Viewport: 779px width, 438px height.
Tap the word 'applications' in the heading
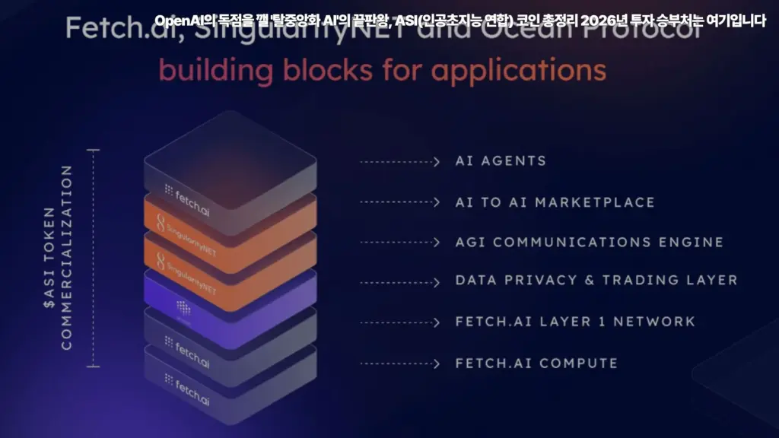519,70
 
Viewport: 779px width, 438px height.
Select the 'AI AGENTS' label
501,161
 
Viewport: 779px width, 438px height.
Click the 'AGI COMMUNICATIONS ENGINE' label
589,243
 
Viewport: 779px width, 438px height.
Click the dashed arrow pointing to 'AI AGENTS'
399,162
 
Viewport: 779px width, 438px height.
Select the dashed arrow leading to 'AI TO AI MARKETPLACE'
399,202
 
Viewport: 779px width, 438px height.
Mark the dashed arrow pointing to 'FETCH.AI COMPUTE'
399,363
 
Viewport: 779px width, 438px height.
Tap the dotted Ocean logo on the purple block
184,307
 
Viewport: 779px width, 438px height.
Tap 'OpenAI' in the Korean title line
175,21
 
